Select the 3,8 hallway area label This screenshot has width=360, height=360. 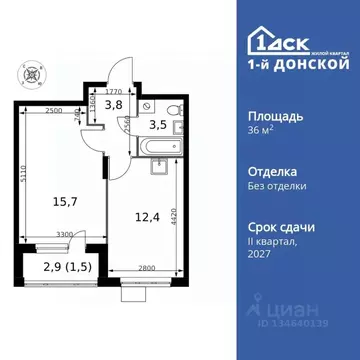pyautogui.click(x=114, y=102)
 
